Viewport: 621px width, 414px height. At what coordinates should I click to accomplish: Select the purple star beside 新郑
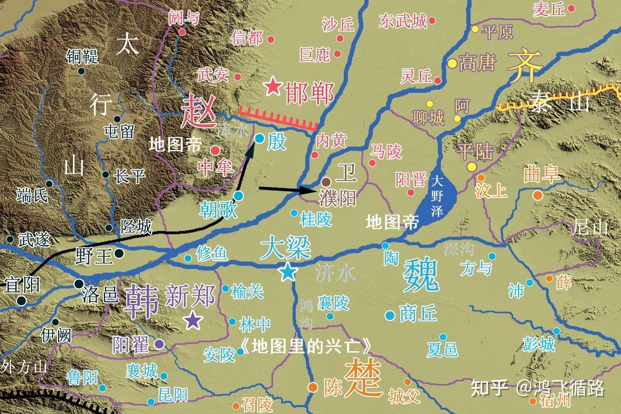[x=193, y=319]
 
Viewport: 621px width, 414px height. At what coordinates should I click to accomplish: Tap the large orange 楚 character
[x=364, y=378]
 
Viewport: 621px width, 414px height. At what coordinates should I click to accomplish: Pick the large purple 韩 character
[x=141, y=300]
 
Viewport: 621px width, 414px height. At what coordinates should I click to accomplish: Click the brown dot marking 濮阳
[x=326, y=181]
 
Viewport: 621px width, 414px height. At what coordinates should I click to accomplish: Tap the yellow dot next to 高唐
[x=452, y=63]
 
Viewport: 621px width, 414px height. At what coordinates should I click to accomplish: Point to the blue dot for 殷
[x=259, y=138]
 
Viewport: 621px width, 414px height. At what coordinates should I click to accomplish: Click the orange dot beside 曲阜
[x=538, y=195]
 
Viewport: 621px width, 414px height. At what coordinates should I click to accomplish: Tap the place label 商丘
[x=418, y=314]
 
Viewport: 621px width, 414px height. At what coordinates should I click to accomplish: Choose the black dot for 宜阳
[x=21, y=301]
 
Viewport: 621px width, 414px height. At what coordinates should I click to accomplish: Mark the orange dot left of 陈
[x=313, y=387]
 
